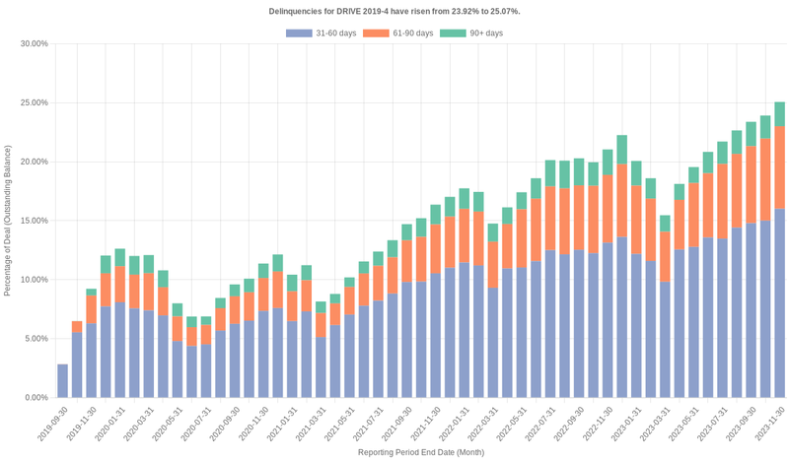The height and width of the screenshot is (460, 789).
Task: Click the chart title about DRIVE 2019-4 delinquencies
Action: (x=394, y=11)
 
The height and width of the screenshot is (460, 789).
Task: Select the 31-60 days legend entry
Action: (x=321, y=33)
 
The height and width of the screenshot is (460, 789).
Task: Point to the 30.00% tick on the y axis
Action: (x=34, y=44)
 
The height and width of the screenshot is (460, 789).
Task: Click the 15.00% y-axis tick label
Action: (x=34, y=221)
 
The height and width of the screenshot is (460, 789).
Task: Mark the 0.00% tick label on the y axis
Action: (x=36, y=398)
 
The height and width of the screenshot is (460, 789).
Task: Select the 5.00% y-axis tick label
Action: (x=36, y=339)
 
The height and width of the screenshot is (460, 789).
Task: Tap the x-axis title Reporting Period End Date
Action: (x=421, y=452)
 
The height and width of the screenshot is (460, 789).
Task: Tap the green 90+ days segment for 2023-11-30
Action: (x=779, y=114)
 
